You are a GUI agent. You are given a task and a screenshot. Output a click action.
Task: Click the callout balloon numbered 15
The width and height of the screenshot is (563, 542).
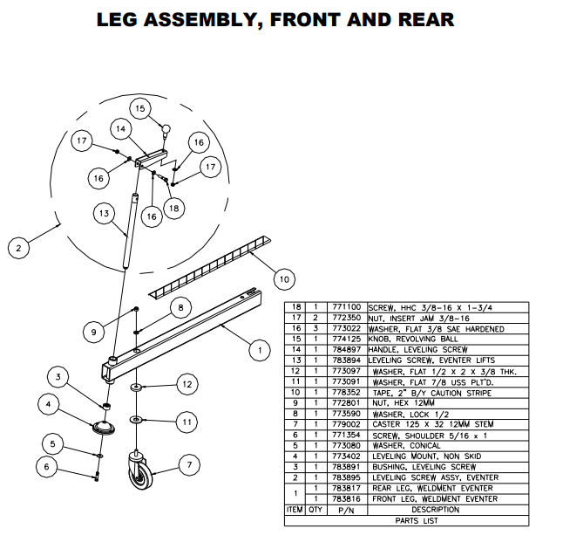(x=139, y=108)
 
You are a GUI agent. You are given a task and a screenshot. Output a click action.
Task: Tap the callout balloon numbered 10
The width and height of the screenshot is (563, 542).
(x=283, y=279)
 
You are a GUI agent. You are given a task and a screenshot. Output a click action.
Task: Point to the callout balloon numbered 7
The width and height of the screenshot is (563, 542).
(x=189, y=465)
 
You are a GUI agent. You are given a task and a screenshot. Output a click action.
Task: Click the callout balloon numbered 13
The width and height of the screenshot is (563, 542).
(x=103, y=212)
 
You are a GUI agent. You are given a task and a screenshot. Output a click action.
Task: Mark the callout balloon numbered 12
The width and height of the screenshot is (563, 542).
(x=186, y=382)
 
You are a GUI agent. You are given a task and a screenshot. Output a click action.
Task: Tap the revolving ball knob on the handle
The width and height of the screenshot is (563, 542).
(x=164, y=130)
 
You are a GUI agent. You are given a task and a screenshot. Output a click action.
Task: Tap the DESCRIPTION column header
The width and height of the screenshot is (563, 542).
(x=435, y=510)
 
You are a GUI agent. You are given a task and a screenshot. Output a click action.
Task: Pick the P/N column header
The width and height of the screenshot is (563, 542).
(x=346, y=510)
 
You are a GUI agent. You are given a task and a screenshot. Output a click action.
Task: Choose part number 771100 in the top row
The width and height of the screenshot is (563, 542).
(x=346, y=308)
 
